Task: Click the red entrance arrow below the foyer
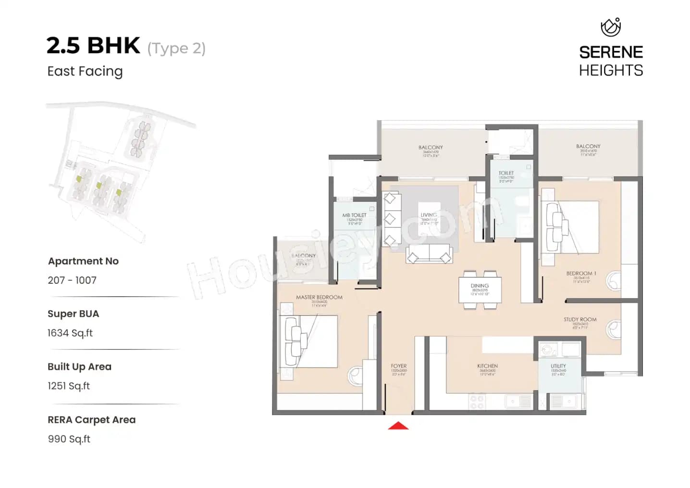click(x=398, y=425)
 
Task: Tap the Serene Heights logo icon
click(x=611, y=27)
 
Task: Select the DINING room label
click(x=480, y=286)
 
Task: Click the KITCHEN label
click(x=487, y=366)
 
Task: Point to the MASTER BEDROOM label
click(x=319, y=297)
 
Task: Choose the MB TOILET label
click(x=354, y=215)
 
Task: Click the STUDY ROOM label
click(x=580, y=319)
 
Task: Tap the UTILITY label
click(x=558, y=366)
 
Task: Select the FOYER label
click(x=398, y=366)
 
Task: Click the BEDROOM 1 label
click(x=581, y=273)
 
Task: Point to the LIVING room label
click(x=429, y=215)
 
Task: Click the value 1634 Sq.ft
click(x=70, y=333)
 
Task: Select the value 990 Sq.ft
click(x=69, y=439)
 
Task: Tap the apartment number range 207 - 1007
click(x=72, y=280)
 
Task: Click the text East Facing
click(x=85, y=71)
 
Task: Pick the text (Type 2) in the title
click(x=176, y=48)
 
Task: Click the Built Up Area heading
click(x=79, y=366)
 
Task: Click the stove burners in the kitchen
click(x=477, y=401)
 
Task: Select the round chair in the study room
click(x=614, y=329)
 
